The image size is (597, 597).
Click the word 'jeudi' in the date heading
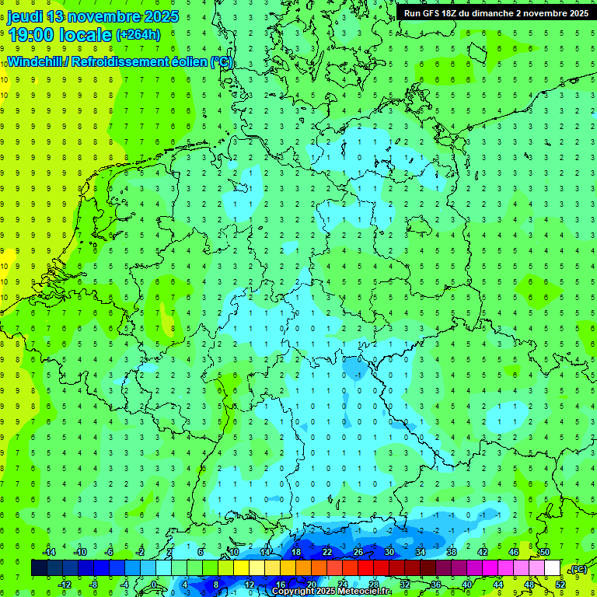click(x=24, y=16)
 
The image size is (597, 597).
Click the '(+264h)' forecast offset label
click(x=138, y=34)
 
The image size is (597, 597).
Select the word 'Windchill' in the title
click(x=35, y=62)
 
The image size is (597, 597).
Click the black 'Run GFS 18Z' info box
click(x=495, y=13)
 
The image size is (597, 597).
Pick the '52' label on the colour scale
click(x=560, y=584)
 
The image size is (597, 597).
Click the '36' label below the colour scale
click(x=435, y=584)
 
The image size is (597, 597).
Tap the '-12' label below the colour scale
click(x=65, y=584)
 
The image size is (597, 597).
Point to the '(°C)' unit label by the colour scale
click(x=578, y=569)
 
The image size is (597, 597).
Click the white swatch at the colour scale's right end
click(x=552, y=568)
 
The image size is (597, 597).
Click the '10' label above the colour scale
click(x=233, y=552)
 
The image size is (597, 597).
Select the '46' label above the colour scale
click(x=514, y=552)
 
